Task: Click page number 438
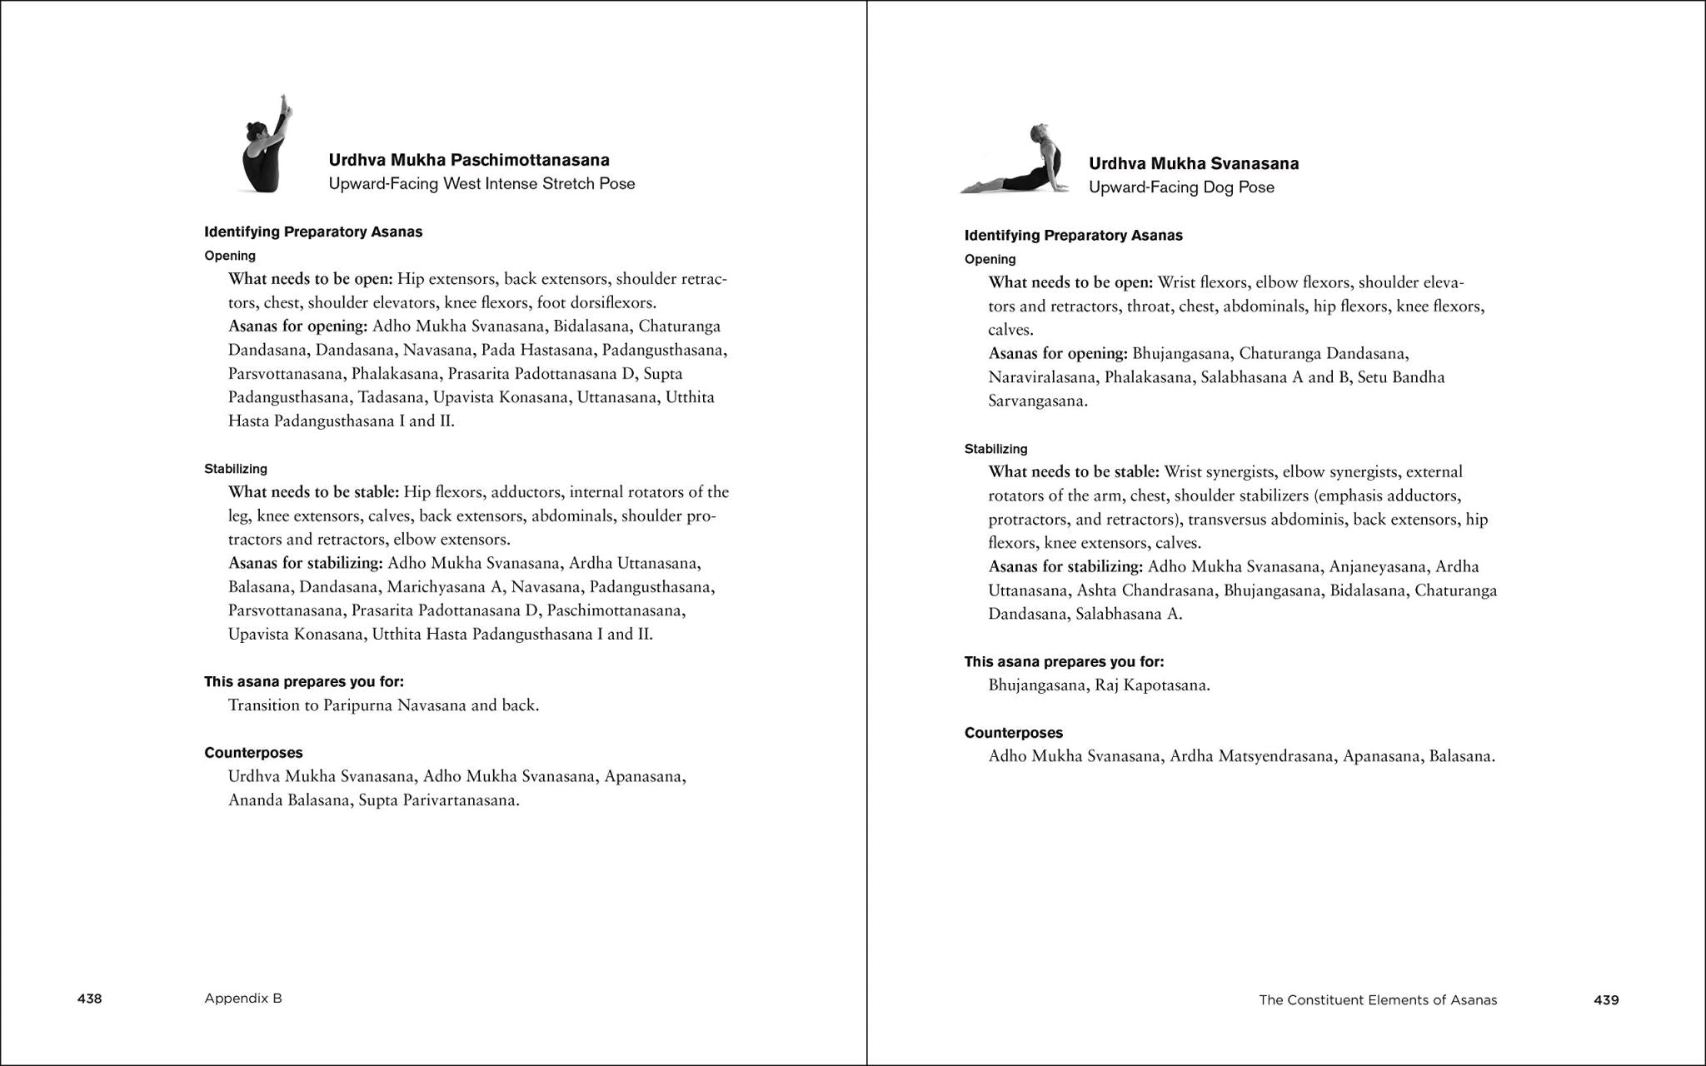coord(89,999)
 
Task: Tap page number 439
coord(1606,1000)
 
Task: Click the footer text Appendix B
coord(243,999)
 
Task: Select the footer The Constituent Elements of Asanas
coord(1378,1000)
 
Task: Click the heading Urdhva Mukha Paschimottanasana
coord(469,160)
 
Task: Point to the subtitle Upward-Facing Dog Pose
coord(1181,187)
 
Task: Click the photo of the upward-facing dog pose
coord(1015,160)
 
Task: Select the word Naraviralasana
coord(1041,377)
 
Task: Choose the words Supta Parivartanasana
coord(439,800)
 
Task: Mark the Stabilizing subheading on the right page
coord(995,449)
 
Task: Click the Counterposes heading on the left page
coord(253,753)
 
